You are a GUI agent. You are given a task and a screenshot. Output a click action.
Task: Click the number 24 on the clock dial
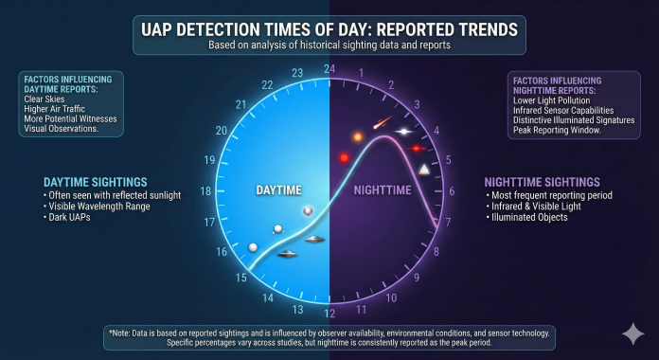pyautogui.click(x=329, y=68)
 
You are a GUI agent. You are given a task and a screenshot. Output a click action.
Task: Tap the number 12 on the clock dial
pyautogui.click(x=329, y=314)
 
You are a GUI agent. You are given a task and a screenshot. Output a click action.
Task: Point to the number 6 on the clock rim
pyautogui.click(x=451, y=190)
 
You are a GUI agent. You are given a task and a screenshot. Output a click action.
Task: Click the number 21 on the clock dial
pyautogui.click(x=241, y=104)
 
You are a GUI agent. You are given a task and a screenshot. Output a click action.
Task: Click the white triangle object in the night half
pyautogui.click(x=423, y=169)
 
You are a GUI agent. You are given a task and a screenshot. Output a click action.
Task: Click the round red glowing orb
pyautogui.click(x=345, y=157)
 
